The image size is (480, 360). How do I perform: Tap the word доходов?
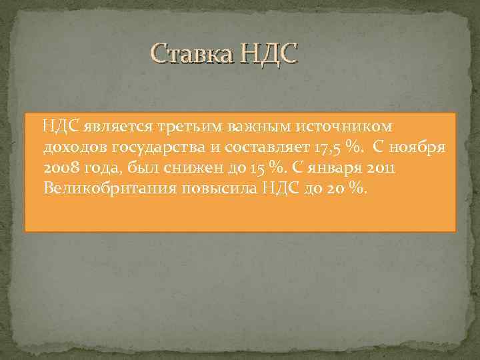[74, 146]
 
